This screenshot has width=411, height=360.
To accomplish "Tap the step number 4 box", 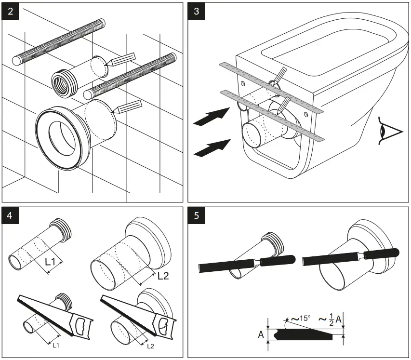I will click(x=11, y=216).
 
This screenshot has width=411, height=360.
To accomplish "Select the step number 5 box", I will click(x=197, y=216).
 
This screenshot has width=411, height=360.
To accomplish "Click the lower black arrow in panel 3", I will click(x=211, y=147).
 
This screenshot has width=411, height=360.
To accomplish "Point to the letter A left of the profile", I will click(x=261, y=334).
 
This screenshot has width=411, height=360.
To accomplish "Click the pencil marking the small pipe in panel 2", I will click(x=120, y=58).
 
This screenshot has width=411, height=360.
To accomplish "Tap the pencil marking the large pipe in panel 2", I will click(x=128, y=107).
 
